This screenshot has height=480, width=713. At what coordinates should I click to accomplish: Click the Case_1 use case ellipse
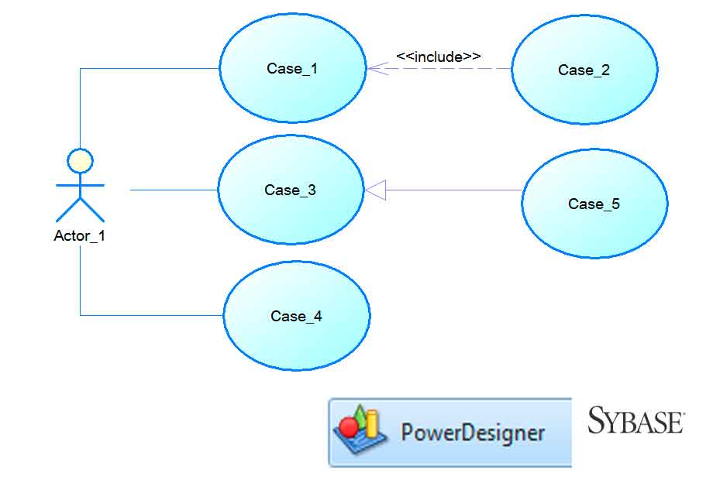292,68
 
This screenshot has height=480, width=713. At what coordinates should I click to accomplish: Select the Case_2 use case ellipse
584,70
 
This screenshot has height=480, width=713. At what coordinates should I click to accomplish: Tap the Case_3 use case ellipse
291,190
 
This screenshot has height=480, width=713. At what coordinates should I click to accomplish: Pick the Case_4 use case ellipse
297,316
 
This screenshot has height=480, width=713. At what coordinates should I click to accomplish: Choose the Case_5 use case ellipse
594,204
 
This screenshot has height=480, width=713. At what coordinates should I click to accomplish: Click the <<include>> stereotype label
438,57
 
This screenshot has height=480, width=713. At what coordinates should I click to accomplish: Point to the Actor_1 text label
79,236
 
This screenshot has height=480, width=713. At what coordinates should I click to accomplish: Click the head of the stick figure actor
80,161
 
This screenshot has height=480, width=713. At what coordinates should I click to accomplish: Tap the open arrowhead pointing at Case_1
375,69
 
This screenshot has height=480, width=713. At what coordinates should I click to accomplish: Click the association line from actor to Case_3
174,190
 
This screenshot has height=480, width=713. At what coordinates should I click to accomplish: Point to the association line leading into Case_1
147,68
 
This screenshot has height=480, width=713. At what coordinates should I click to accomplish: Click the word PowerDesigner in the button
473,432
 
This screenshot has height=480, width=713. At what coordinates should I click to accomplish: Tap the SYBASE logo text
635,421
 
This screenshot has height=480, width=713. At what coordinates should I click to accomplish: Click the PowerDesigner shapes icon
360,431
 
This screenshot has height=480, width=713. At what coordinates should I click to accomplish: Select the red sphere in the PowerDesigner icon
350,427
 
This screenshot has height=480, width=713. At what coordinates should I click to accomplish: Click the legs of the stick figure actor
80,207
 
